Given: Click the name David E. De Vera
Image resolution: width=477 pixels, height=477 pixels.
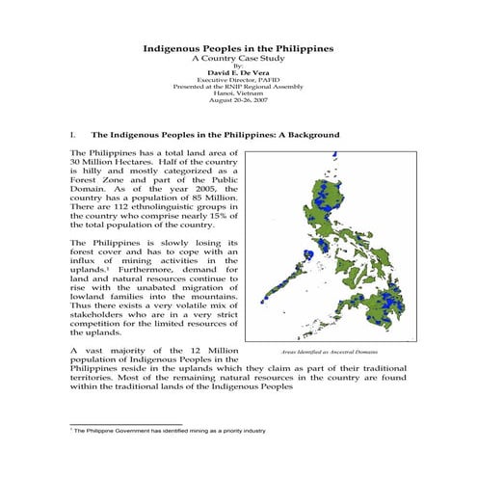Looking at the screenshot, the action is pos(238,70).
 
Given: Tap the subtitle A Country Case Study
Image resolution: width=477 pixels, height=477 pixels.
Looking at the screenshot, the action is pos(238,57).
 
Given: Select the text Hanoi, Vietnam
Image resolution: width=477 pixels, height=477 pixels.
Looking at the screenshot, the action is pos(238,93).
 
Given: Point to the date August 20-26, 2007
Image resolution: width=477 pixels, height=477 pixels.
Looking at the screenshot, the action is pos(238,100).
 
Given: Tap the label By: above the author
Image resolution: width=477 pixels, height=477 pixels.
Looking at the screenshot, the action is pos(238,65).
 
